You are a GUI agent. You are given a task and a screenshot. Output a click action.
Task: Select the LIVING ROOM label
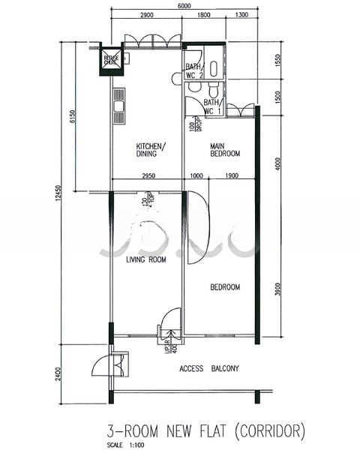(145, 259)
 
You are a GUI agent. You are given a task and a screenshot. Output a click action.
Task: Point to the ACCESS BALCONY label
(209, 368)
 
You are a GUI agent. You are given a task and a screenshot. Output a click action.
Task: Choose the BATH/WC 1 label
(212, 106)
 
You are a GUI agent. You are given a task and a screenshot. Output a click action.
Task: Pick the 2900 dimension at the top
(147, 15)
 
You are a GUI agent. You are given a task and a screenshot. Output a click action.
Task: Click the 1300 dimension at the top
(241, 15)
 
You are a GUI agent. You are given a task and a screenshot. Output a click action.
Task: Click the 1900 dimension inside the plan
(232, 175)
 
